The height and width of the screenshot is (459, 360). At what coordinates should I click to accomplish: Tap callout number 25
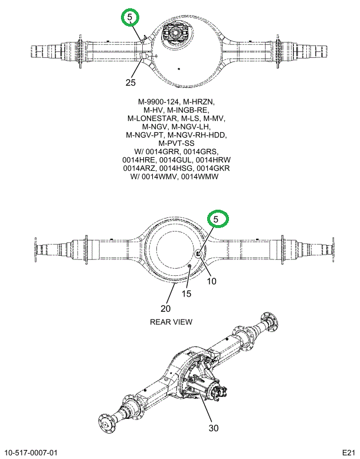point(131,82)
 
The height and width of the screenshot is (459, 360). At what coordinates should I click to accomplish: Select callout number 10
point(211,281)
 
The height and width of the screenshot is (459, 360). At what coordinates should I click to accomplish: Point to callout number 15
point(186,294)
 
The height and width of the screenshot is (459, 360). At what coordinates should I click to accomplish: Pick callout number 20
point(165,308)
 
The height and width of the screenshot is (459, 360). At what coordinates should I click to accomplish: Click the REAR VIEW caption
point(171,322)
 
